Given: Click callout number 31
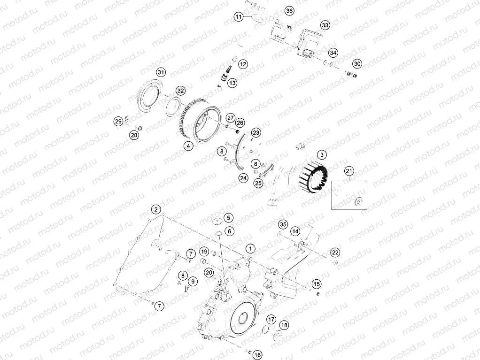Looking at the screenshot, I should tap(161, 72).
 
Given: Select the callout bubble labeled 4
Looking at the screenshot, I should tap(188, 146).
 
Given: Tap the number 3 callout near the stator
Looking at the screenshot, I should tap(321, 154).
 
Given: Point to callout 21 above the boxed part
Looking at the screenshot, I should tap(348, 171).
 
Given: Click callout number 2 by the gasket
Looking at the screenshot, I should tap(156, 209).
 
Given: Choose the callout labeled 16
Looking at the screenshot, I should tap(258, 354).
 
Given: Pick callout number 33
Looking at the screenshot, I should tap(325, 25).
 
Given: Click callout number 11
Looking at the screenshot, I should tap(239, 17).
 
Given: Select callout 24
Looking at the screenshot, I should tap(243, 178).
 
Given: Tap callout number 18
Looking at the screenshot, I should tap(284, 325).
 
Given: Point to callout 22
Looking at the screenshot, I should tap(334, 253).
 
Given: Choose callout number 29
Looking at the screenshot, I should tap(119, 122).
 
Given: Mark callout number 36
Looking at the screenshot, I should tap(289, 11).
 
